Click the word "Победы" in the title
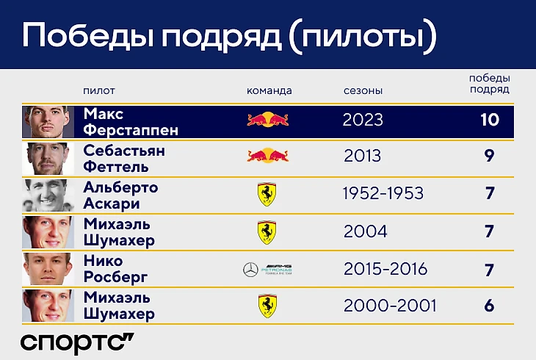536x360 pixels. click(88, 35)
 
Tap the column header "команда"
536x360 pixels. click(269, 90)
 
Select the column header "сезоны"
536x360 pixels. click(363, 90)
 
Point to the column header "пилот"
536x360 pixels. click(99, 90)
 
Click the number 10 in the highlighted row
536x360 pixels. click(490, 120)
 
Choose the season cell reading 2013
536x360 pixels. click(362, 156)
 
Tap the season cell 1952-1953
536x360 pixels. click(383, 193)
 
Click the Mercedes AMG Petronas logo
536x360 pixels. click(267, 270)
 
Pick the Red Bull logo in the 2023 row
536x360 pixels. click(268, 120)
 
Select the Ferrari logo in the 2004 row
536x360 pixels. click(267, 232)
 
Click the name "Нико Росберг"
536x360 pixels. click(115, 269)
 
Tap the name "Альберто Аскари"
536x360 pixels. click(120, 195)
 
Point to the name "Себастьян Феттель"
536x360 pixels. click(124, 159)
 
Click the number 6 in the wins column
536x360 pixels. click(489, 306)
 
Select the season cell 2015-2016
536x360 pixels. click(385, 269)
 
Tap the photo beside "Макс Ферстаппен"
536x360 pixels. click(48, 122)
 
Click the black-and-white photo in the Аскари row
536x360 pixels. click(48, 195)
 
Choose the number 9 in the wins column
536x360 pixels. click(489, 156)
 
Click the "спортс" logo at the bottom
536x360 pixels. click(77, 343)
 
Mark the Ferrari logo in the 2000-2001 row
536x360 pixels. click(267, 306)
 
